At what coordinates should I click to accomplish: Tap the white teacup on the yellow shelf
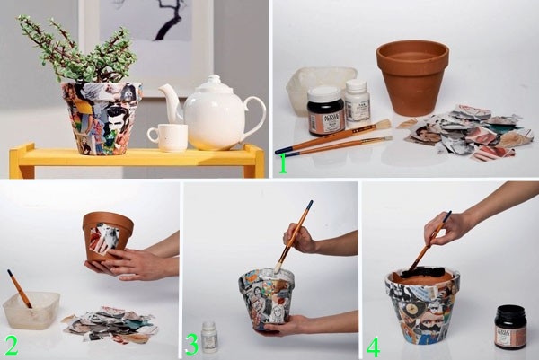tap(169, 137)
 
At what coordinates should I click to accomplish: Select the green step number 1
tap(283, 163)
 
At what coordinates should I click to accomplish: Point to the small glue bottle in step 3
tap(209, 337)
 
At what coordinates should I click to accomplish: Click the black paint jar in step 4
tap(509, 329)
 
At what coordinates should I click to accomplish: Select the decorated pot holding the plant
tap(101, 117)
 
